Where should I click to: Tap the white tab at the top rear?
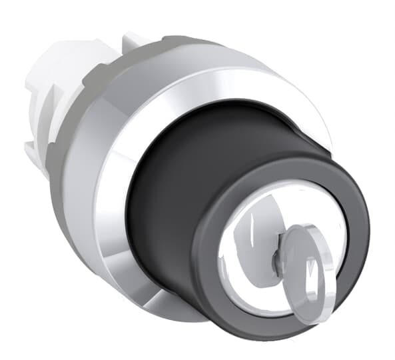(x=130, y=40)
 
